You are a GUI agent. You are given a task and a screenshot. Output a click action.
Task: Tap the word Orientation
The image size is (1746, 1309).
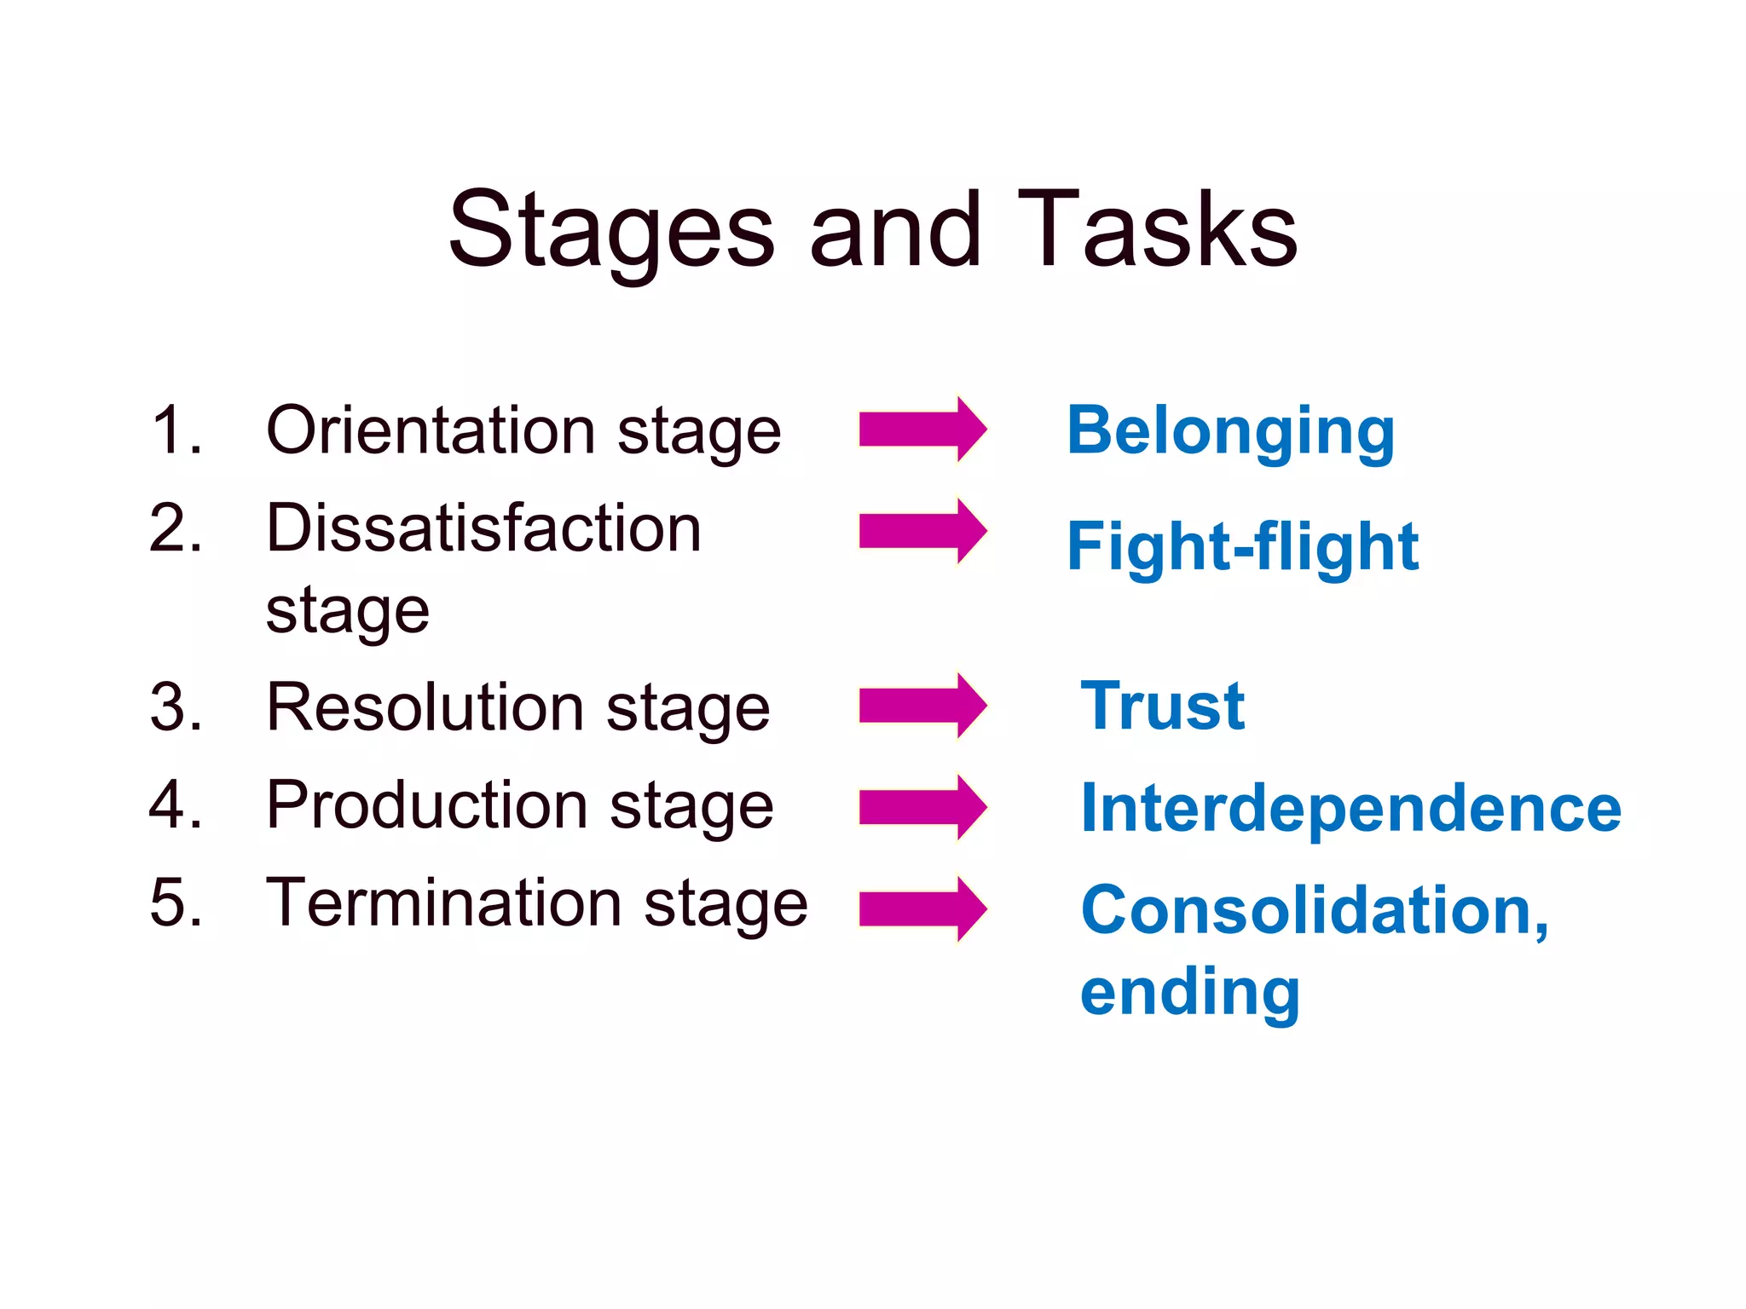click(430, 430)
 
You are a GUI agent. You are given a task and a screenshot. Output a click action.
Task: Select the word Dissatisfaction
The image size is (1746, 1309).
click(483, 528)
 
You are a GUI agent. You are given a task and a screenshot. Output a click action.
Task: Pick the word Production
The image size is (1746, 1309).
click(427, 804)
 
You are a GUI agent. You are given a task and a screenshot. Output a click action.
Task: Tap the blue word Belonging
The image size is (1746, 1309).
click(1230, 432)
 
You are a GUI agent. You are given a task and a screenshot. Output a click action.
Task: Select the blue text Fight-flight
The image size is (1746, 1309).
click(1242, 547)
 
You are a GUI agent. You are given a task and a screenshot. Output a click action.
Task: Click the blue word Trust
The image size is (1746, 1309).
click(1163, 706)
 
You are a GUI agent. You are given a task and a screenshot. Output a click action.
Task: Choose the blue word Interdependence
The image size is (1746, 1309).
click(1350, 808)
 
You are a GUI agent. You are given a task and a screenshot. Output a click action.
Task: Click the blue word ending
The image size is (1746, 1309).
click(1190, 993)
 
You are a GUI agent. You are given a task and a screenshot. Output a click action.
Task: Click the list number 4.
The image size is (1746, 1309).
click(175, 804)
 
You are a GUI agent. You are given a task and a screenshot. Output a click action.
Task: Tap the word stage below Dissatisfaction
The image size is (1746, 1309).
click(347, 611)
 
